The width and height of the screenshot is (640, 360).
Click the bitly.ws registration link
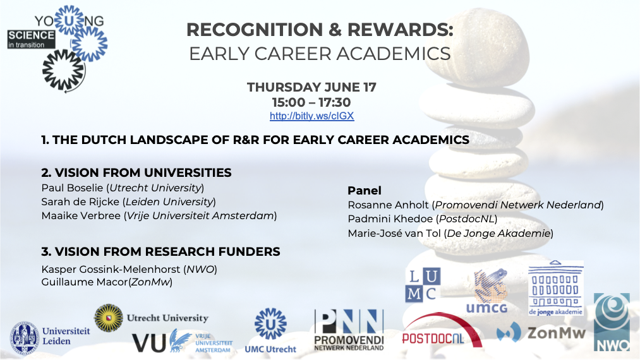click(x=312, y=116)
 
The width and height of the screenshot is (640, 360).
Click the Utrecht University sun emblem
click(x=109, y=318)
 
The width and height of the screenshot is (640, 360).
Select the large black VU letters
click(x=148, y=343)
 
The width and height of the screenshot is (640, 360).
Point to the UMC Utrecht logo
click(x=270, y=330)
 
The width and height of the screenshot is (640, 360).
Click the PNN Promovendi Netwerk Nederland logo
click(x=349, y=330)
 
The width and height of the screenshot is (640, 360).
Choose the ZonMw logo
click(x=541, y=332)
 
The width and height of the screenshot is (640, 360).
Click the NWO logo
click(x=612, y=322)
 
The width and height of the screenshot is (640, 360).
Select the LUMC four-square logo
click(x=423, y=285)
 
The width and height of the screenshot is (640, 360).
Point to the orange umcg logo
click(x=487, y=291)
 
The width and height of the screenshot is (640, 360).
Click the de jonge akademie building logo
click(x=555, y=288)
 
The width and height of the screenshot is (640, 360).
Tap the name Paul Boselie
click(x=72, y=188)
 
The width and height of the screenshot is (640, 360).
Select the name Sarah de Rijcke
click(x=80, y=201)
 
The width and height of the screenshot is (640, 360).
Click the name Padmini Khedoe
click(x=390, y=219)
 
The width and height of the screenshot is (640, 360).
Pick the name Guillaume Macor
click(x=85, y=282)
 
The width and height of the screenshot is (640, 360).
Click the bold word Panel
click(x=365, y=191)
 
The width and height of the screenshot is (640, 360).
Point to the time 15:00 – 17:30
click(x=312, y=102)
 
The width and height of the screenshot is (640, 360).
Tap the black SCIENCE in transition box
click(x=31, y=39)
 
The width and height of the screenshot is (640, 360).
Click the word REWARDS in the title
click(x=401, y=30)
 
